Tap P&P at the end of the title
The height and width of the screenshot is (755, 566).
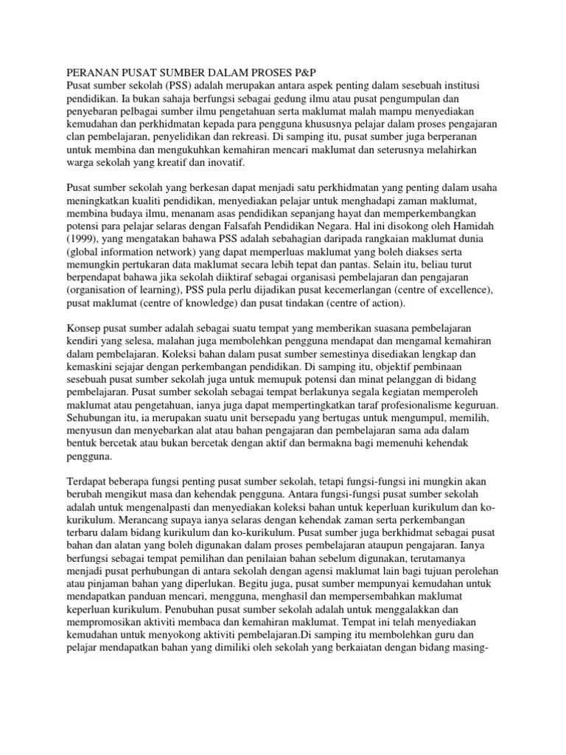click(x=303, y=73)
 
